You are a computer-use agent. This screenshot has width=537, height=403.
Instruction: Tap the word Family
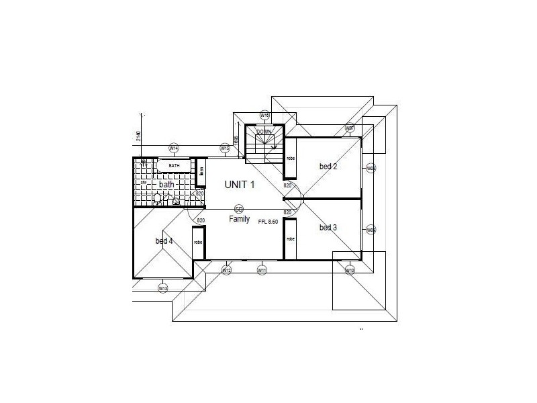(x=239, y=219)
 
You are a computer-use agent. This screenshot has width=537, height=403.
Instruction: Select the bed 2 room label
(x=328, y=167)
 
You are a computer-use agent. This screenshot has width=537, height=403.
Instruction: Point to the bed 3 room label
(x=328, y=228)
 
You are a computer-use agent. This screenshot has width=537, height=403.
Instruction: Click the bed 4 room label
(x=164, y=241)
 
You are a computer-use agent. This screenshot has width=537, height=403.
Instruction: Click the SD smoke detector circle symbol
(x=238, y=209)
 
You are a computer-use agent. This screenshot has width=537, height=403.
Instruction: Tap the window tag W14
(x=173, y=148)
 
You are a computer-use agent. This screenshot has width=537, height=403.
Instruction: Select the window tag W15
(x=226, y=148)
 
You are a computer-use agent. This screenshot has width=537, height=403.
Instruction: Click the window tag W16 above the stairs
(x=264, y=116)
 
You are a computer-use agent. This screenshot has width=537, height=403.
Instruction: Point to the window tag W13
(x=162, y=288)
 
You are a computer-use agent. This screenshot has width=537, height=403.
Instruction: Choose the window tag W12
(x=226, y=270)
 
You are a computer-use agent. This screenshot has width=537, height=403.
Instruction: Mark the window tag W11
(x=262, y=270)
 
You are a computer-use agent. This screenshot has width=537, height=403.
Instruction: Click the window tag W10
(x=349, y=270)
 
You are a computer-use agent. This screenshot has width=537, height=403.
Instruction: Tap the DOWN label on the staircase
(x=264, y=132)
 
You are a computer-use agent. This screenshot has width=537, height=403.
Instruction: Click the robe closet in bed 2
(x=291, y=159)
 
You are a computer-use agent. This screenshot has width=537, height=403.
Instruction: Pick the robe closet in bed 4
(x=198, y=243)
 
